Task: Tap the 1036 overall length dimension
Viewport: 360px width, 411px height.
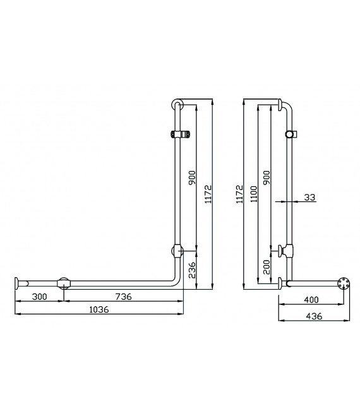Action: (x=99, y=309)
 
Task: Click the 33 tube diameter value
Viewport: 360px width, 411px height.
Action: (x=309, y=197)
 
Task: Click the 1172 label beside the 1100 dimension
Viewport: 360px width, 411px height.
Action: (x=239, y=193)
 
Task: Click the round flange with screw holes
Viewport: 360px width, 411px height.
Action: (x=344, y=284)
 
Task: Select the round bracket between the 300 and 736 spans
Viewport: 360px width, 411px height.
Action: (x=64, y=283)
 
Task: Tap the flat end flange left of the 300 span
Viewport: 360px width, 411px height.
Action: (x=16, y=283)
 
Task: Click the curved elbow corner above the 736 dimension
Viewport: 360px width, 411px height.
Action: (x=176, y=281)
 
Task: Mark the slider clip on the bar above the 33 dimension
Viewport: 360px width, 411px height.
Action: (x=291, y=134)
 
